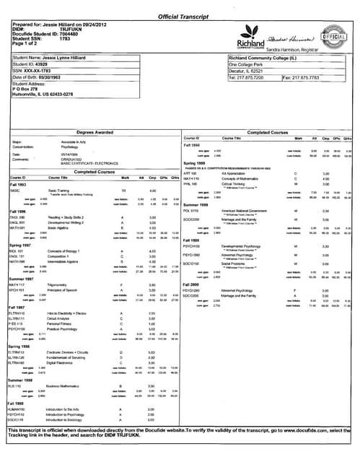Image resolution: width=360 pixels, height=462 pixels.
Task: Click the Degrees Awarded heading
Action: [x=95, y=133]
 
